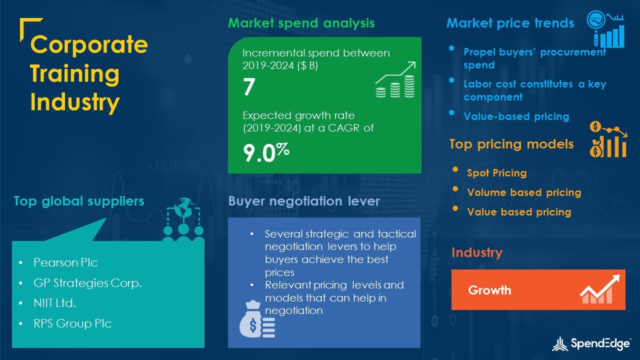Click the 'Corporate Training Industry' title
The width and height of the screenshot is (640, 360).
pos(89,73)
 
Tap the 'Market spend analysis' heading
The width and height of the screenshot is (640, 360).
pos(301,23)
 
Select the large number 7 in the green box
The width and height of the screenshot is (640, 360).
pos(249,87)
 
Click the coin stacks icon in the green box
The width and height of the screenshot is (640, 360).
pos(395,80)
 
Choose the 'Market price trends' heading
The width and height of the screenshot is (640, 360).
pos(510,23)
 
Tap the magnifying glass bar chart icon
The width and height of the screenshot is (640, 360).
pos(605,29)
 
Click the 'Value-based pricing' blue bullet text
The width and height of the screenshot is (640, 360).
pos(516,116)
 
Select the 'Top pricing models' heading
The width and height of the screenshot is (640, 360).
pos(511,144)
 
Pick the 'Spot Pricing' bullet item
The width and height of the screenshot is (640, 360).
pos(496,173)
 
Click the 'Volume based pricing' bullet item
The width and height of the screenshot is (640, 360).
pos(524,192)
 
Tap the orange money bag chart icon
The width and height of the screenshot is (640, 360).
pos(608,139)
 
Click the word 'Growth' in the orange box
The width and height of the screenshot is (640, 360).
pos(489,290)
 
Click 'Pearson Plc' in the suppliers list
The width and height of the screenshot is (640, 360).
pos(65,262)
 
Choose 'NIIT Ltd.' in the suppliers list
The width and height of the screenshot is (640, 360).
pos(54,303)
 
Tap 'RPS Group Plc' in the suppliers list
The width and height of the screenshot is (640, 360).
pos(72,323)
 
